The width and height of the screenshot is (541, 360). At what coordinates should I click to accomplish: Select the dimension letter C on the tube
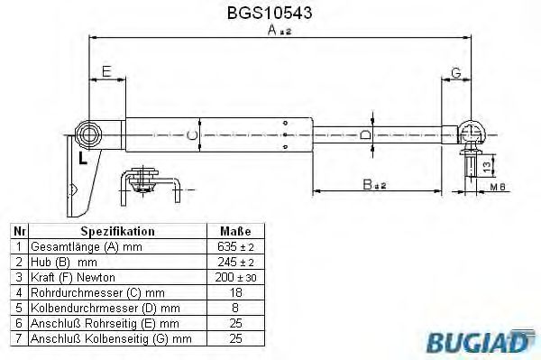click(190, 136)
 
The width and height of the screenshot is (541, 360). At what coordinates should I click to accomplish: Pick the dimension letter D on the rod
click(364, 135)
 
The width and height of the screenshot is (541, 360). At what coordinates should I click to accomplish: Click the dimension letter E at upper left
click(106, 71)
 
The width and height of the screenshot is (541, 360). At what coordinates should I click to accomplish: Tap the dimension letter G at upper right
click(455, 71)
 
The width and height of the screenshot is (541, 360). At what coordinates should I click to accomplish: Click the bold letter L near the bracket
click(82, 160)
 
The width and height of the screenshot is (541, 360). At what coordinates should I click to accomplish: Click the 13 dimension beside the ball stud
click(488, 165)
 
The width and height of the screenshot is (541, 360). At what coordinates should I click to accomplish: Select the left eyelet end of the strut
click(90, 135)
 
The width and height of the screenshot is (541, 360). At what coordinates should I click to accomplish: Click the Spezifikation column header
click(117, 231)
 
